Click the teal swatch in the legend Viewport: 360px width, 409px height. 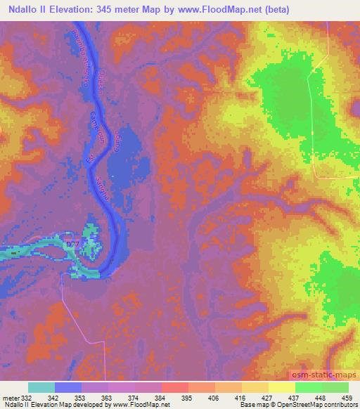tap(41, 387)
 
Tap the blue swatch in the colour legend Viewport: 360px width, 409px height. tap(68, 387)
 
